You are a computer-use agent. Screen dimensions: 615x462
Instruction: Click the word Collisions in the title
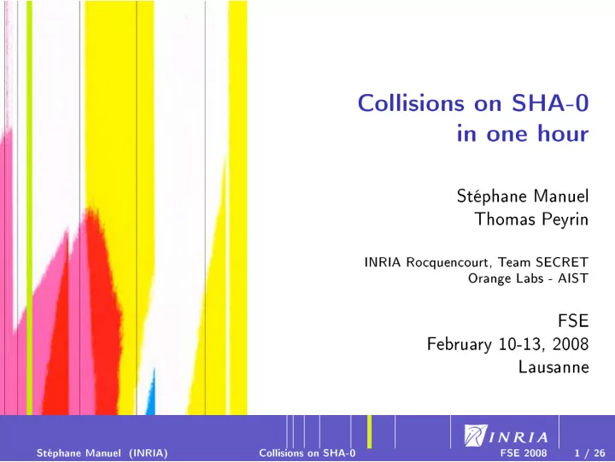[x=411, y=103]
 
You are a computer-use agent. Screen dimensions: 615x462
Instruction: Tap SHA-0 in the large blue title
[x=550, y=103]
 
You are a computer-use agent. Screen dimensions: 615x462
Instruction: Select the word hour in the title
[x=563, y=133]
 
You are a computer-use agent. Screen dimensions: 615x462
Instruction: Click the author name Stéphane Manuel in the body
[x=523, y=196]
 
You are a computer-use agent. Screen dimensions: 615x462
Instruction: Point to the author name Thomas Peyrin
[x=532, y=219]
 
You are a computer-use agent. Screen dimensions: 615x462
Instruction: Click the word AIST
[x=573, y=278]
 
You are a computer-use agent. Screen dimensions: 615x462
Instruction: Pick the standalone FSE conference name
[x=573, y=321]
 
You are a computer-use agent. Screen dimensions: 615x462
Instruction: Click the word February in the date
[x=460, y=344]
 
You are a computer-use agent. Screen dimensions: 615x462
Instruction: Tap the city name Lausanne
[x=553, y=367]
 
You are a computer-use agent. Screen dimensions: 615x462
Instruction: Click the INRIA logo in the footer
[x=506, y=436]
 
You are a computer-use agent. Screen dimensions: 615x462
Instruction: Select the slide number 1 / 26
[x=589, y=453]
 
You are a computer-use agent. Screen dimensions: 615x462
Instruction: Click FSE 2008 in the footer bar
[x=524, y=453]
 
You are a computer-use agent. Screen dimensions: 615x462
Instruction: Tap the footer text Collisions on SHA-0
[x=307, y=453]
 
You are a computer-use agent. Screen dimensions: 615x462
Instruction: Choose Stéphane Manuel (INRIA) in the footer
[x=102, y=453]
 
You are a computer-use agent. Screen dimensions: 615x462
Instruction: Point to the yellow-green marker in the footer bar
[x=370, y=431]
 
